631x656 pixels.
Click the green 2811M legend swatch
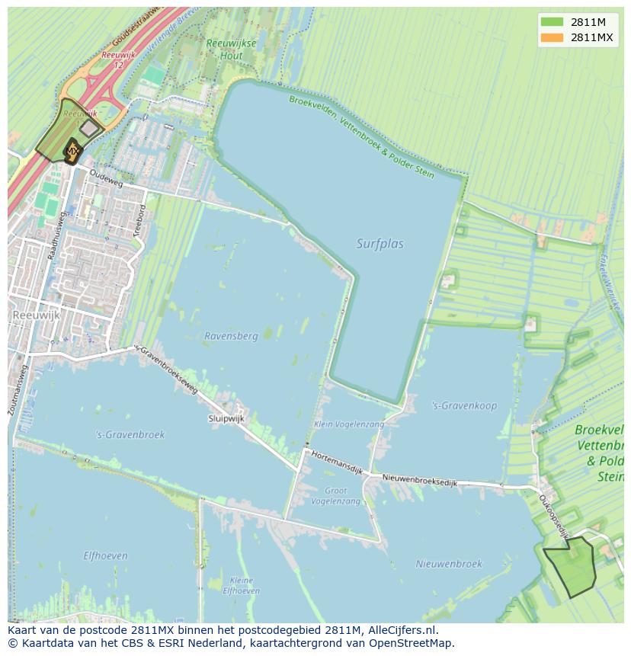[x=552, y=22]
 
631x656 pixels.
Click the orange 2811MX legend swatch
[x=552, y=37]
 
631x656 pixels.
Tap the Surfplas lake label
[x=380, y=244]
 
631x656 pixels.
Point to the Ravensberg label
[x=231, y=335]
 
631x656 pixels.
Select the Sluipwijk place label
[x=226, y=418]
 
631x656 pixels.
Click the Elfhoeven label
[x=105, y=555]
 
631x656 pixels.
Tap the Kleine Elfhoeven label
[x=241, y=585]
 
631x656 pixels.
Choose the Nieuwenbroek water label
[x=449, y=564]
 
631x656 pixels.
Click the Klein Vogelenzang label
[x=349, y=424]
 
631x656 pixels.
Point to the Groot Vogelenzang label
[x=341, y=496]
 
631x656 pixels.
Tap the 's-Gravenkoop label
[x=463, y=405]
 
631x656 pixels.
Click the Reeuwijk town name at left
[x=35, y=314]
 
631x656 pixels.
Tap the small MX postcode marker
[x=72, y=152]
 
